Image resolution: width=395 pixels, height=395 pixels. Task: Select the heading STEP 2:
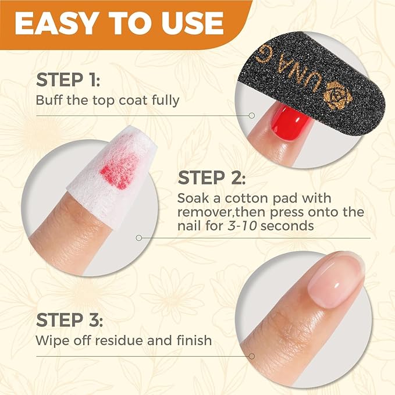tap(212, 177)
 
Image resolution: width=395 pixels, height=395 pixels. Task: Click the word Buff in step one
tap(47, 99)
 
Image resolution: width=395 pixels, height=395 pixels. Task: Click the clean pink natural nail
tap(334, 279)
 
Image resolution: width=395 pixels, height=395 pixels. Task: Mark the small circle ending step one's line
tap(251, 115)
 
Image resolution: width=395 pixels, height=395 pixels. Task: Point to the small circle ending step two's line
tap(138, 237)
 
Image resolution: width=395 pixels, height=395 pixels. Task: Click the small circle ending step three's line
tap(251, 355)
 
